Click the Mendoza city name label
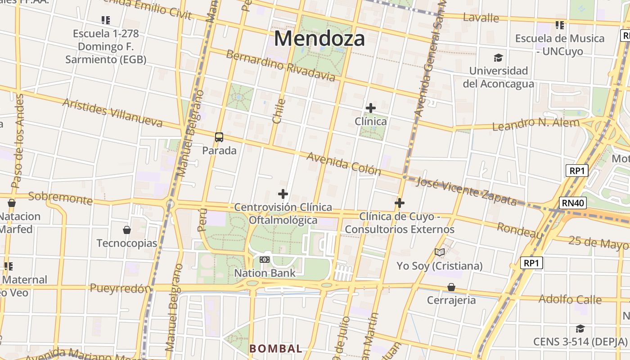coord(319,38)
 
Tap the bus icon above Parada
coord(219,137)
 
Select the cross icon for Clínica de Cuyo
coord(399,203)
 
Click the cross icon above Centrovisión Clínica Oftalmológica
coord(283,194)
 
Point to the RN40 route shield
coord(573,203)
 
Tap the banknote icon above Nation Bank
coord(265,260)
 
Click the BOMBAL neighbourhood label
coord(276,349)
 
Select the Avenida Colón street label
coord(344,164)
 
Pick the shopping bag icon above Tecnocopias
coord(127,230)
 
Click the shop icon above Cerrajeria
coord(451,287)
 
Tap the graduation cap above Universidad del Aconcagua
coord(498,58)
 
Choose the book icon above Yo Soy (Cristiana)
coord(440,252)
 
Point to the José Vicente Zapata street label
coord(467,191)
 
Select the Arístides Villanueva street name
coord(112,112)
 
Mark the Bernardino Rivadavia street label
coord(280,66)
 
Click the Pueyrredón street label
coord(120,288)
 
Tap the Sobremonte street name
coord(60,198)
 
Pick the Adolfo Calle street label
coord(570,299)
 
